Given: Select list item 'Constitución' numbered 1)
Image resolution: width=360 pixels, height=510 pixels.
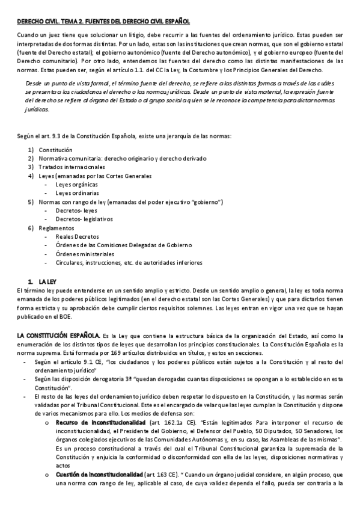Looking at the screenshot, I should (x=55, y=149).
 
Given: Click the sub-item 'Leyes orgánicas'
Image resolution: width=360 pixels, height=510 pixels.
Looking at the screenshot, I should (x=76, y=185).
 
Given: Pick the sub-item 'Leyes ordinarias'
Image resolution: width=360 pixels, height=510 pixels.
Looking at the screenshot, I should (x=77, y=193).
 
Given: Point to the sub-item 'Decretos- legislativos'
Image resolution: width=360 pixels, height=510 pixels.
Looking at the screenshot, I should (x=84, y=220).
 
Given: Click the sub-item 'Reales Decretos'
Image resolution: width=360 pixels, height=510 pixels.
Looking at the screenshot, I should (x=78, y=237).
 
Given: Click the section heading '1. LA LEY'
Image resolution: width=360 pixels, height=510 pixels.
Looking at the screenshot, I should (x=42, y=281).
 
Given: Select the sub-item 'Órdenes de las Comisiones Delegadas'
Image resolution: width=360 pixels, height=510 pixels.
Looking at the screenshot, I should (x=123, y=245).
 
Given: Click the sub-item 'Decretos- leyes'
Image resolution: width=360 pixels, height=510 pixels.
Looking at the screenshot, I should (x=76, y=210).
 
